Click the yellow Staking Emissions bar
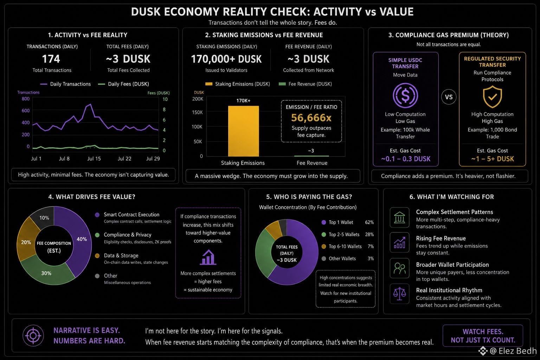(244, 131)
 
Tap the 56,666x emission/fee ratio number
(311, 118)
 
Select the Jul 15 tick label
(94, 159)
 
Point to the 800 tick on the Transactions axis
(26, 99)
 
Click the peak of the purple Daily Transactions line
(90, 104)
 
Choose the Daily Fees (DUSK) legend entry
(123, 84)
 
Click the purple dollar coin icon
(405, 96)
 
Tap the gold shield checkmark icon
(492, 97)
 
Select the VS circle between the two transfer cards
(449, 97)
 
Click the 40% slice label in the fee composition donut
(82, 239)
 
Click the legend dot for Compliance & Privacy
(97, 235)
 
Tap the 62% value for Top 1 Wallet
(369, 222)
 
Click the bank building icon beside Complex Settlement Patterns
(399, 218)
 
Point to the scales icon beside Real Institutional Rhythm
(399, 294)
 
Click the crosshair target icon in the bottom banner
(33, 335)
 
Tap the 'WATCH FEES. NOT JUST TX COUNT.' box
(483, 336)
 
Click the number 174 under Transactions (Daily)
(51, 59)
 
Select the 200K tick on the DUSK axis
(198, 99)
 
